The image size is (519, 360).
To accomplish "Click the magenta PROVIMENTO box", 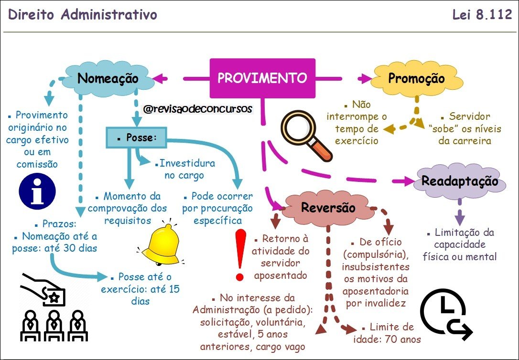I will click(262, 78).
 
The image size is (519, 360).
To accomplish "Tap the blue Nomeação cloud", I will click(108, 79).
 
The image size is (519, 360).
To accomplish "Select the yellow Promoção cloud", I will click(416, 79).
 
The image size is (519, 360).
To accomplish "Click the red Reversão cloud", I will click(328, 208).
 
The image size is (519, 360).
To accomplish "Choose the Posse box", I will click(136, 138).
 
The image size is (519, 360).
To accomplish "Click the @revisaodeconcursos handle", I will click(197, 109).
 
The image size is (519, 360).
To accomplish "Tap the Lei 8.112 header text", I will click(482, 15).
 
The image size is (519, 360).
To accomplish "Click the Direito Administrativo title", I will click(83, 15).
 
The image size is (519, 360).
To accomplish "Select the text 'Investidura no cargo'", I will click(184, 169).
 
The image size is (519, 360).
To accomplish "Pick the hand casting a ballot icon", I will click(45, 290).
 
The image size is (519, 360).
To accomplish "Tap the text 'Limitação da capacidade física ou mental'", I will click(460, 244).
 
